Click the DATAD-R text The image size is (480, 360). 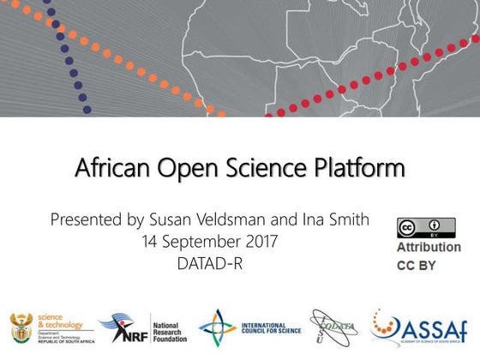click(211, 263)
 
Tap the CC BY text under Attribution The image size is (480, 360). click(416, 266)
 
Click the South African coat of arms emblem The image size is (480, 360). click(20, 326)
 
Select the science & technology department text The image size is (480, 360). click(61, 327)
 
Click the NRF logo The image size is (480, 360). click(122, 327)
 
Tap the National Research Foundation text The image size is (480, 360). click(170, 327)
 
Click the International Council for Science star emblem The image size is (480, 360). click(218, 327)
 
